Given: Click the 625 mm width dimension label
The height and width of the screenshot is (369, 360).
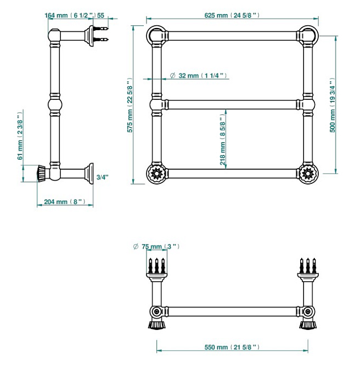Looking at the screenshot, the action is click(232, 15).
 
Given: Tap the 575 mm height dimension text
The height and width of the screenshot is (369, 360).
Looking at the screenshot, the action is click(130, 105).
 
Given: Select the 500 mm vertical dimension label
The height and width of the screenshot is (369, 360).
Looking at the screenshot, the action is click(332, 105).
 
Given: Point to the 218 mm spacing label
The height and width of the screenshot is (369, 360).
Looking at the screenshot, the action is click(222, 139).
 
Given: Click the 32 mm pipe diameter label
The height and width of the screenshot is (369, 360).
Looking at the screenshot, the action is click(198, 76).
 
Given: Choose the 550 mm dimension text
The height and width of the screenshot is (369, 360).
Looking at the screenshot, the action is click(232, 347).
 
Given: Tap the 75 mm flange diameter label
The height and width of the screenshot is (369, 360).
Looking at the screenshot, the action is click(156, 247).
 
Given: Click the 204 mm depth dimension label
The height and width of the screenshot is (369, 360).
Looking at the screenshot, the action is click(65, 202).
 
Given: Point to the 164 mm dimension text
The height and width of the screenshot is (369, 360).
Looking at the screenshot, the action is click(70, 15).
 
